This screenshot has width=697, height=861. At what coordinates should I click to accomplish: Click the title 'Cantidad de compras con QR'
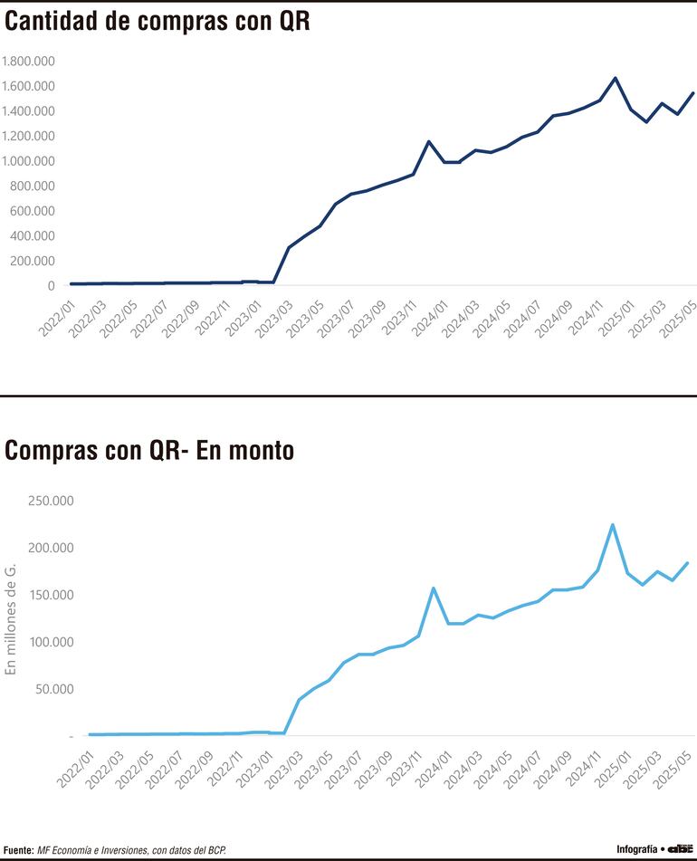(158, 23)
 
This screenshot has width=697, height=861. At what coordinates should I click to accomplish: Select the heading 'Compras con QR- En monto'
(149, 450)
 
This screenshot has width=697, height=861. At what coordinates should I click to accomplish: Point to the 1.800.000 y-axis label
(29, 62)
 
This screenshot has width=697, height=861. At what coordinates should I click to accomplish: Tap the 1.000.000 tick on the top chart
(29, 161)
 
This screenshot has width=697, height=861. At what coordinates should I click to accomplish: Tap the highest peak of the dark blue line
(616, 78)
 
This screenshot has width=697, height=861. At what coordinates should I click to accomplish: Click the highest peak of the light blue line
(613, 524)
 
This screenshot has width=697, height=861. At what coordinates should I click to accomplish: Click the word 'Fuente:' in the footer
(18, 850)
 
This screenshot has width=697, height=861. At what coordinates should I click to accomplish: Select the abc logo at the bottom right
(679, 849)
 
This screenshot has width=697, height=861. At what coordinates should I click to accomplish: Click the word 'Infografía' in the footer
(637, 849)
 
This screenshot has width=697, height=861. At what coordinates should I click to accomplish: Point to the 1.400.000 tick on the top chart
(29, 111)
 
